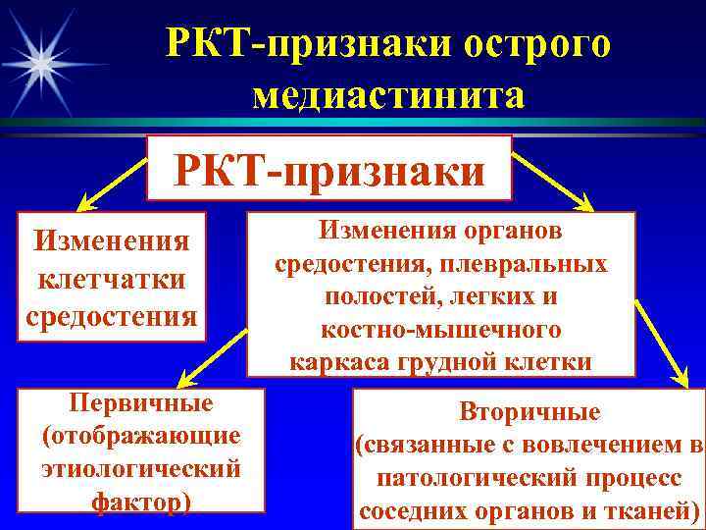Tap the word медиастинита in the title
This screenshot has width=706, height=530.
pyautogui.click(x=388, y=95)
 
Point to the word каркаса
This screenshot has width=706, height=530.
pyautogui.click(x=338, y=361)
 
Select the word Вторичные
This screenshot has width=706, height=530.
pyautogui.click(x=529, y=412)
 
